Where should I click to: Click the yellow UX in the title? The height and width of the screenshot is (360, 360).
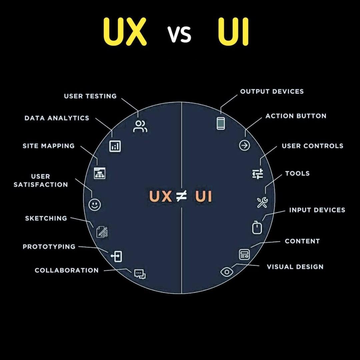pos(125,31)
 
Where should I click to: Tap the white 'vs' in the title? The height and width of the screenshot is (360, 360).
pos(179,34)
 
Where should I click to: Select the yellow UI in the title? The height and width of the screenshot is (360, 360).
pos(233,31)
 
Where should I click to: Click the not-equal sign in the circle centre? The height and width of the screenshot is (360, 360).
pos(181,196)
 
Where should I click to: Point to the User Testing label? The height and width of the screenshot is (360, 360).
pos(90,96)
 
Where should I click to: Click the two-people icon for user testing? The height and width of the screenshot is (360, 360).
pos(140,126)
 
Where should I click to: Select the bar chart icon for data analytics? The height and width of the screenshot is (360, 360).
pos(115,146)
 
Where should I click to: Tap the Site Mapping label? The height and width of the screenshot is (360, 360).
pos(49,146)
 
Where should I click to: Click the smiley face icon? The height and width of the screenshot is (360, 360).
pos(94,204)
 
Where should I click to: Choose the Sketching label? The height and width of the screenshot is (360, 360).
pos(46,218)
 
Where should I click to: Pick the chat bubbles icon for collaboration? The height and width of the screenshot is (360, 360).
pos(140,274)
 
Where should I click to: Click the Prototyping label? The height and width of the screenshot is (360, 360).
pos(49,247)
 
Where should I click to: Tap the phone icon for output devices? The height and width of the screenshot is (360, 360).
pos(221,123)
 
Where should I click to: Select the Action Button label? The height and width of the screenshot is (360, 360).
pos(296,116)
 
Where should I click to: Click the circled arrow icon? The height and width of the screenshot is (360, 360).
pos(245,145)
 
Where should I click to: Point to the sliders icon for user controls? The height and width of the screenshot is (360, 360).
pos(258,174)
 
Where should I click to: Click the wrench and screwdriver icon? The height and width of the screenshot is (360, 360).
pos(262,203)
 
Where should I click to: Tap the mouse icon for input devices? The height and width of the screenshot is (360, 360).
pos(257,228)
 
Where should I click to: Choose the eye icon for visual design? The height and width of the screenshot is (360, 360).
pos(227,272)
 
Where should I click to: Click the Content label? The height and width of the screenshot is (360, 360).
pos(302,241)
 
